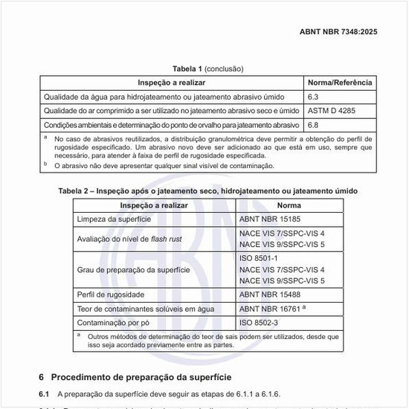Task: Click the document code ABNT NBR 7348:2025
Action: pyautogui.click(x=338, y=32)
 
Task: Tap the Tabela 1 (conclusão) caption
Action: pyautogui.click(x=207, y=68)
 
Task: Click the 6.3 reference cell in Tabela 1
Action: pyautogui.click(x=312, y=97)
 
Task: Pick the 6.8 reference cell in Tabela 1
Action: pyautogui.click(x=312, y=125)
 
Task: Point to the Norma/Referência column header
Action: pyautogui.click(x=340, y=83)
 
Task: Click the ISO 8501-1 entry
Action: pyautogui.click(x=258, y=257)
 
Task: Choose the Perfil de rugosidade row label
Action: pyautogui.click(x=111, y=295)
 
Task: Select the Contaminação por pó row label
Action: pyautogui.click(x=114, y=323)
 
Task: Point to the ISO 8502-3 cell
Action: pyautogui.click(x=260, y=323)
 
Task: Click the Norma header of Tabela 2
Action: pyautogui.click(x=289, y=205)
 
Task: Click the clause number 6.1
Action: pyautogui.click(x=44, y=392)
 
